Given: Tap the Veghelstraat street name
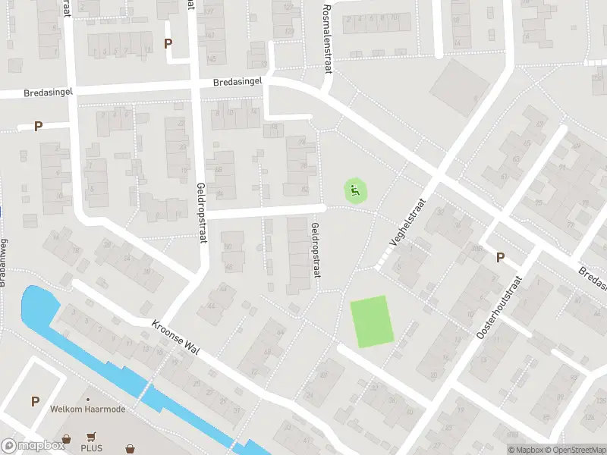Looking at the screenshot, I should (408, 222).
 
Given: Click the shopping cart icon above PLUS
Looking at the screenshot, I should (92, 437).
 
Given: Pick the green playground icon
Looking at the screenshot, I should (355, 190).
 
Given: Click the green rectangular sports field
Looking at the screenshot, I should (370, 322).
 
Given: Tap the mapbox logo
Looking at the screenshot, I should (33, 446).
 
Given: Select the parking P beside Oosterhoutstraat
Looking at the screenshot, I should (500, 257).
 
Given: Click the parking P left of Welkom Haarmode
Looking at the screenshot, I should (34, 401).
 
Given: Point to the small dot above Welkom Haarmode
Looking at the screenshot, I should (88, 399).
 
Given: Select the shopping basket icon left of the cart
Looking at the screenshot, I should (68, 438).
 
